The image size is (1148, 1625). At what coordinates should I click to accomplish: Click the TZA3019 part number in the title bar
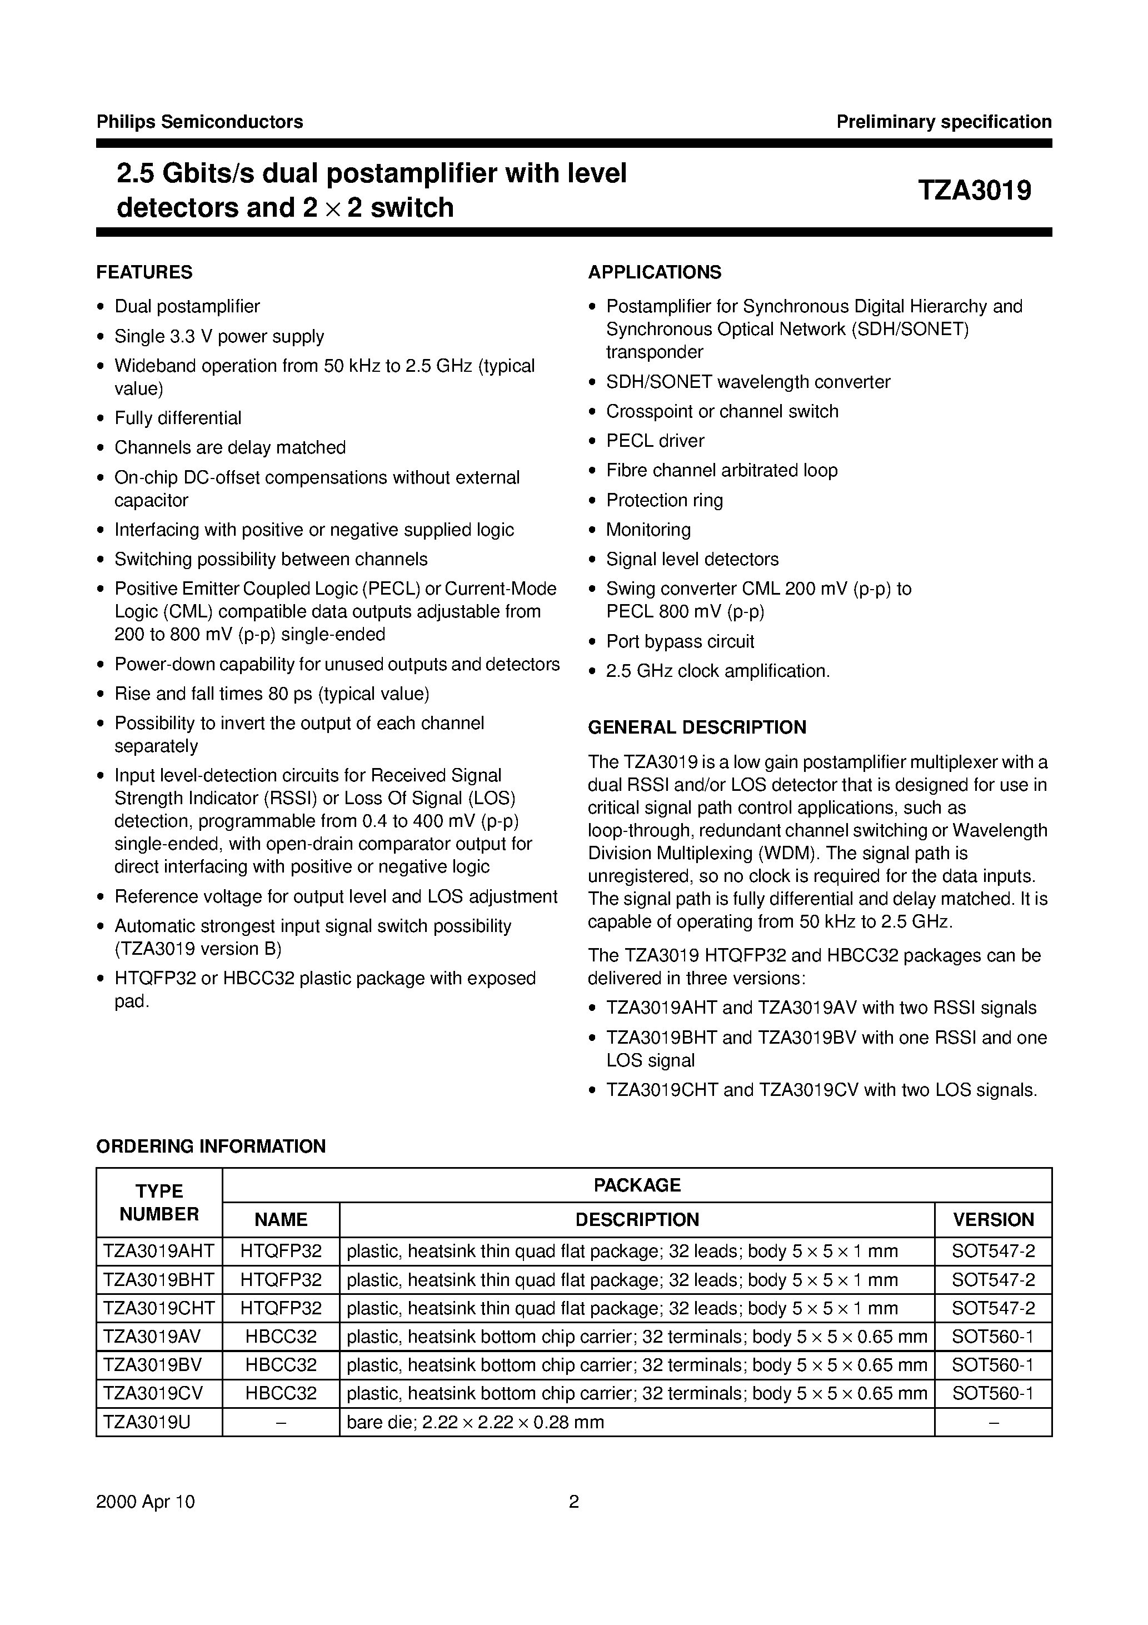click(x=975, y=191)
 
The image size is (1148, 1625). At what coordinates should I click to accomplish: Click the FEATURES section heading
click(x=144, y=272)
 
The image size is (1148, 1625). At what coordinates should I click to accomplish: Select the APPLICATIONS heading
click(x=655, y=272)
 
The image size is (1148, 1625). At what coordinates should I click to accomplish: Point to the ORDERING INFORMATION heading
click(x=211, y=1147)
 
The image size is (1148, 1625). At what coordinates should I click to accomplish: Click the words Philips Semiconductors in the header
click(x=199, y=122)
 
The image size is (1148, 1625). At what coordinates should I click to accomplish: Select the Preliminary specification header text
click(x=944, y=122)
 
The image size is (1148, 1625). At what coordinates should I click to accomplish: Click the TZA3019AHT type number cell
click(x=158, y=1252)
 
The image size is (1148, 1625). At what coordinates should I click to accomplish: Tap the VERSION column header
click(x=993, y=1219)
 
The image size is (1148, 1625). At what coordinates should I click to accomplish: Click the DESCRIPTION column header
click(x=637, y=1219)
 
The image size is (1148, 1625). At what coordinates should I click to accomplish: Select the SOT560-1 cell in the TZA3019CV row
click(x=993, y=1394)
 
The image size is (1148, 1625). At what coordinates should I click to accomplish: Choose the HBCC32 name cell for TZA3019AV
click(x=281, y=1337)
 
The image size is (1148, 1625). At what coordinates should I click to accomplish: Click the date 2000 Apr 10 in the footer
click(x=146, y=1502)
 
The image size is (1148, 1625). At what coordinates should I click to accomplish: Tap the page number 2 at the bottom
click(x=574, y=1502)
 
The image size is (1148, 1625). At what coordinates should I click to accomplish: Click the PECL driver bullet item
click(x=655, y=441)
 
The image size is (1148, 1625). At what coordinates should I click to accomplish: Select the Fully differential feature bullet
click(x=178, y=418)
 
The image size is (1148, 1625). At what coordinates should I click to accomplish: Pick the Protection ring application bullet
click(x=665, y=500)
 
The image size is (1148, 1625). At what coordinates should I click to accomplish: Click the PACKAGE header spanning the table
click(x=637, y=1185)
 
